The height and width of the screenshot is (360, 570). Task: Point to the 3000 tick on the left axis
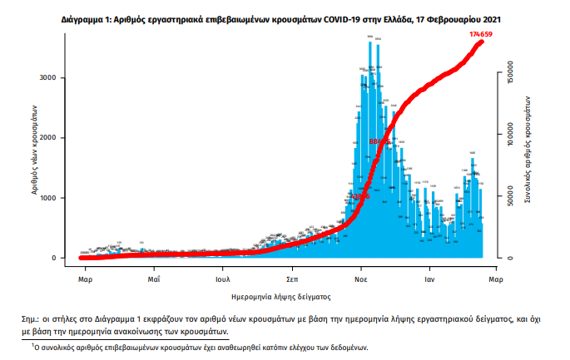pyautogui.click(x=47, y=77)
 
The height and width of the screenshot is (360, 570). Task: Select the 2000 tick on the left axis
pyautogui.click(x=47, y=138)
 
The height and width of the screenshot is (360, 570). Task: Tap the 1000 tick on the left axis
pyautogui.click(x=47, y=198)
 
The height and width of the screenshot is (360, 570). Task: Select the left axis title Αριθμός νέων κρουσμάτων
pyautogui.click(x=34, y=150)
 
